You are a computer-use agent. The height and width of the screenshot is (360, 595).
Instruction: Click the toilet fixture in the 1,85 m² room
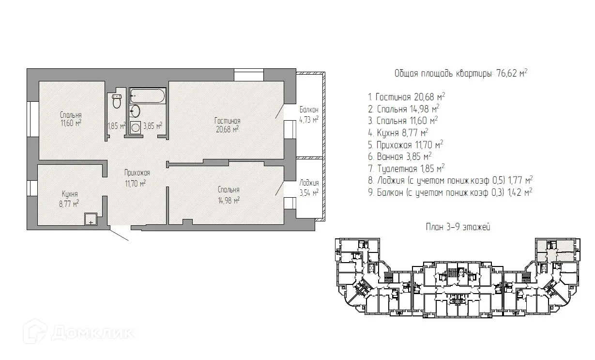[x=117, y=101]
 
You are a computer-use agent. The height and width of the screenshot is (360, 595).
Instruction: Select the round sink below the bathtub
[x=135, y=111]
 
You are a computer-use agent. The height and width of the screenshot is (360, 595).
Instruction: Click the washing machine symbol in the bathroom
[x=136, y=127]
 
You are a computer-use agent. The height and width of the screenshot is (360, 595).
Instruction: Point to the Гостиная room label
[x=228, y=121]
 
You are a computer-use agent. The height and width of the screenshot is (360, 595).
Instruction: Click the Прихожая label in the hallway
[x=137, y=173]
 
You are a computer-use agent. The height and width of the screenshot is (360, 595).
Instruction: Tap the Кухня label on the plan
[x=70, y=194]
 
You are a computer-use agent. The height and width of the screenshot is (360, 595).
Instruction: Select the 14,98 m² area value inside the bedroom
[x=229, y=200]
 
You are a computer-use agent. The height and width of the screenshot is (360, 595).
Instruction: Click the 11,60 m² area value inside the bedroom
[x=71, y=123]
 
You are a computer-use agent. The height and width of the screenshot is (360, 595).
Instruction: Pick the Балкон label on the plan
[x=309, y=110]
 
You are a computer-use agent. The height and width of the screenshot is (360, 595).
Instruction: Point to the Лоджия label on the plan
[x=309, y=183]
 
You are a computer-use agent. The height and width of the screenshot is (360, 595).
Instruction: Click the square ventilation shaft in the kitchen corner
[x=91, y=219]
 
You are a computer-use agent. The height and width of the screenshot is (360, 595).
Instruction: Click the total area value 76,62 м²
[x=512, y=73]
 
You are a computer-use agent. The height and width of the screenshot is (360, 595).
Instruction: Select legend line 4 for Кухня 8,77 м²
[x=398, y=132]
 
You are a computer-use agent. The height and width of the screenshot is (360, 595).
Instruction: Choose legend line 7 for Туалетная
[x=406, y=168]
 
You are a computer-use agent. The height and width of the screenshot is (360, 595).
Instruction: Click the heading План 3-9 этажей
[x=458, y=227]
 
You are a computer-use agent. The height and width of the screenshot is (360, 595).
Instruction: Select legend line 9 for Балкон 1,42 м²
[x=450, y=192]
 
